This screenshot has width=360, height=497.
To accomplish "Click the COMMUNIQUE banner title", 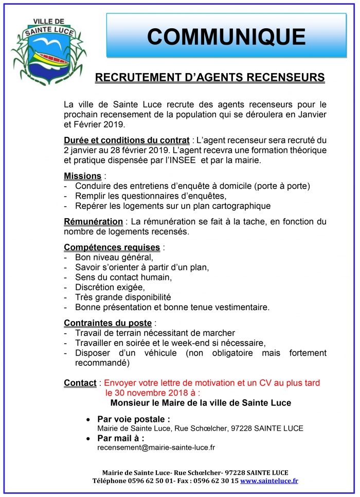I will [x=226, y=37].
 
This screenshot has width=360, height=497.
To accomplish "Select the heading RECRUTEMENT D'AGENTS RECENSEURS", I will [x=210, y=77].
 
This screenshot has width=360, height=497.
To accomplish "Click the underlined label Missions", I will [x=82, y=176].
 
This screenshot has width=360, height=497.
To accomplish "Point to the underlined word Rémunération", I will [x=93, y=222].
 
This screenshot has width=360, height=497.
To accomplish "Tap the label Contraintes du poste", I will [x=107, y=323].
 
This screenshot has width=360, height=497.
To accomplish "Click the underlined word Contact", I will [x=80, y=383].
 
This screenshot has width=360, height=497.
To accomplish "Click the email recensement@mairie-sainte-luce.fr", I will [x=156, y=448].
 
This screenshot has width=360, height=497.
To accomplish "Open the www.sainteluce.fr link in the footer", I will [x=269, y=481].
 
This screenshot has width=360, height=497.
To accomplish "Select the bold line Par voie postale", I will [x=133, y=419].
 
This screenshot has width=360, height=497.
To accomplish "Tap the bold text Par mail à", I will [x=120, y=438].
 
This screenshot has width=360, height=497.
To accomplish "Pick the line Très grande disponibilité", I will [x=122, y=297].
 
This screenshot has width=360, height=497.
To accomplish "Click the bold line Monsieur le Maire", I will [x=201, y=403].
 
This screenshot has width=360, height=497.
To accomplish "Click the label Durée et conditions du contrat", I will [x=125, y=140].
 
